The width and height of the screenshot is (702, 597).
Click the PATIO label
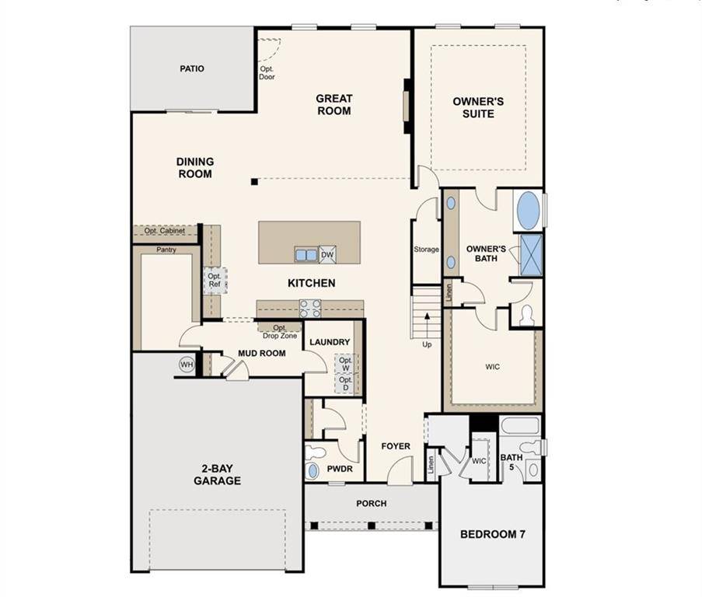(192, 68)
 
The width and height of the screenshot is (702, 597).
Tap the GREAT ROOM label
(334, 104)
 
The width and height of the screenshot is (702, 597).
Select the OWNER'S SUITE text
(478, 107)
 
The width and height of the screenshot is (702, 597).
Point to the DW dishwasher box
(328, 255)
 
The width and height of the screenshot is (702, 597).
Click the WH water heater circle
(187, 365)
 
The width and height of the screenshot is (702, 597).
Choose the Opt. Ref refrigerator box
(215, 280)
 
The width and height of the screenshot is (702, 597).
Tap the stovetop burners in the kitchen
(310, 309)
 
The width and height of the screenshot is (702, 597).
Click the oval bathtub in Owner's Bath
(529, 211)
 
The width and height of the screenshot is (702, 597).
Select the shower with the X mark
(532, 255)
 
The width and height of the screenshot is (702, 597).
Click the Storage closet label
(426, 250)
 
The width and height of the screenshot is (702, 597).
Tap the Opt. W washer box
(346, 364)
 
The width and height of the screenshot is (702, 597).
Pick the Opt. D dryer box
(346, 383)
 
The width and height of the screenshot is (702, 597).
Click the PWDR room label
(340, 469)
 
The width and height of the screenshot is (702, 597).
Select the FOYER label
(396, 446)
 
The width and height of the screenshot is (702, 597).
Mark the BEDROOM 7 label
(493, 534)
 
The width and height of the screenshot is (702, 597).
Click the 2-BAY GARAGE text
(217, 475)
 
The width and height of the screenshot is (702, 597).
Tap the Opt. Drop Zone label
(280, 332)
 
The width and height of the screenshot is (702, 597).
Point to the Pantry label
(166, 250)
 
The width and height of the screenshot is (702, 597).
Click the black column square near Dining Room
(254, 181)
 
